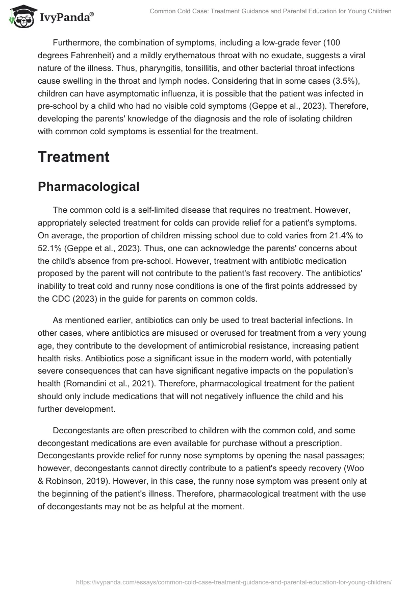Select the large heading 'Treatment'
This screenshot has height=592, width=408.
pos(73,157)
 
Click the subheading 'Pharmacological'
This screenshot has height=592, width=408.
pos(88,187)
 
